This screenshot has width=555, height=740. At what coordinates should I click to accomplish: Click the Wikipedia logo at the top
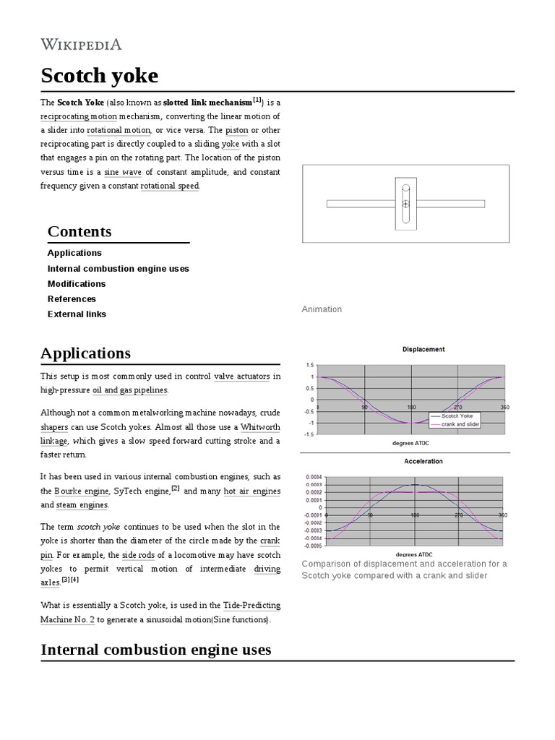[81, 45]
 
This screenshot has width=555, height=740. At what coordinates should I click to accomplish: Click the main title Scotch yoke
[99, 76]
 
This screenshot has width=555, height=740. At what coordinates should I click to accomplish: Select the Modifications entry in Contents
[77, 284]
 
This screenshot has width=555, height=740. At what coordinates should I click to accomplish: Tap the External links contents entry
[77, 314]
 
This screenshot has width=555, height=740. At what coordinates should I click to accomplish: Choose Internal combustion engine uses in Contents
[118, 269]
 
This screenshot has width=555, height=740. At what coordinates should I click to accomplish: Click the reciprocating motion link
[79, 116]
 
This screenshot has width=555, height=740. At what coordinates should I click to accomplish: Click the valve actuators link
[242, 377]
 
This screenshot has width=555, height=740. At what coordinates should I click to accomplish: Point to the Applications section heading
[86, 353]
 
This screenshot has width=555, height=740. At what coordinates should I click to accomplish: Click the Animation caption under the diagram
[322, 309]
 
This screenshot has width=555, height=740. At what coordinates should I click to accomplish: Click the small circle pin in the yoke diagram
[405, 205]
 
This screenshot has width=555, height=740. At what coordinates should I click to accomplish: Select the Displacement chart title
[423, 349]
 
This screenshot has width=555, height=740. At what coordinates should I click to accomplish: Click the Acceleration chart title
[423, 461]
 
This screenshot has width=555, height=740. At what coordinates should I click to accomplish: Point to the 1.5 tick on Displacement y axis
[310, 365]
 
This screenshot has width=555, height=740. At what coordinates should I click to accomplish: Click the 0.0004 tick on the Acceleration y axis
[314, 477]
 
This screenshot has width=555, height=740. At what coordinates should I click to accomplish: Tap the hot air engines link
[251, 491]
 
